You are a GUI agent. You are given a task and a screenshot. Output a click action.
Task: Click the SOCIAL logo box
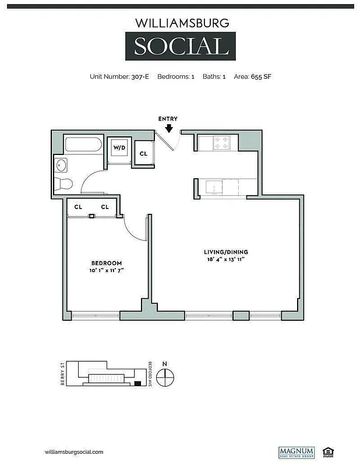click(x=179, y=47)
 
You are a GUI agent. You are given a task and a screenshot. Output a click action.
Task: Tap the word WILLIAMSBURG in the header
click(x=179, y=23)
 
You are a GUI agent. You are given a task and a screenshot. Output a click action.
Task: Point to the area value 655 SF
click(x=262, y=76)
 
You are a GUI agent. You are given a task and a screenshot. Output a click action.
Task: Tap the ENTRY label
click(x=168, y=119)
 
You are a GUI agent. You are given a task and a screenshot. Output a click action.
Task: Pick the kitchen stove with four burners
click(x=221, y=143)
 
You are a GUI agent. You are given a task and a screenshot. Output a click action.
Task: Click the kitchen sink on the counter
click(x=213, y=188)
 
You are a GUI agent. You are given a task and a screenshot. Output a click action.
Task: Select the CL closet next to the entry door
click(x=143, y=154)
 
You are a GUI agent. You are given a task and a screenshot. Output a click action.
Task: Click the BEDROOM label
click(x=106, y=263)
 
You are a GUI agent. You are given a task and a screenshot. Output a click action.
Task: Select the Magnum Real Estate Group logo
click(x=296, y=452)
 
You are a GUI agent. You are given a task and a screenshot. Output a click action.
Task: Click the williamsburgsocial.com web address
click(x=74, y=452)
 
